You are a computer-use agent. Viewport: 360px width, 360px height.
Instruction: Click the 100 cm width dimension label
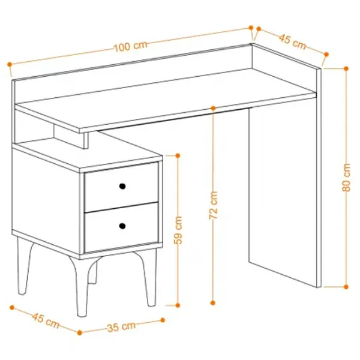click(130, 46)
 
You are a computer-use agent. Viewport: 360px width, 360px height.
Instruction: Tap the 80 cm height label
click(346, 178)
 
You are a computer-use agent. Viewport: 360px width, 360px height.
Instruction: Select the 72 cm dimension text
click(213, 205)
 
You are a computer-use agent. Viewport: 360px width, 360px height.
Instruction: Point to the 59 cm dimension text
click(178, 230)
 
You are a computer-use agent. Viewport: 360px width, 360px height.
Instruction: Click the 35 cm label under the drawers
click(121, 327)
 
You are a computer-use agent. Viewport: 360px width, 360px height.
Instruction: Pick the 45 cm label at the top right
click(292, 41)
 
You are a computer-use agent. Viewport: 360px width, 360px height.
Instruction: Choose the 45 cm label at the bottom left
click(46, 320)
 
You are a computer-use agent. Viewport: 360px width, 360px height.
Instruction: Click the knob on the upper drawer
click(122, 186)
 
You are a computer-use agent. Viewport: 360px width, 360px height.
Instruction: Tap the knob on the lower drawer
click(122, 226)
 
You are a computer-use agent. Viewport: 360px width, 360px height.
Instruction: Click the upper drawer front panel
click(121, 187)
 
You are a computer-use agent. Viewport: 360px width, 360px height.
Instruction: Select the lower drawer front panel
click(121, 227)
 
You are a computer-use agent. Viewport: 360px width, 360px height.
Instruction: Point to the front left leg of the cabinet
click(82, 287)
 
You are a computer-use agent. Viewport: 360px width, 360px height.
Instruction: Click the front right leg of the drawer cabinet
click(148, 278)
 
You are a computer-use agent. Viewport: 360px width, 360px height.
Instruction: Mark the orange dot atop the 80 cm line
click(346, 68)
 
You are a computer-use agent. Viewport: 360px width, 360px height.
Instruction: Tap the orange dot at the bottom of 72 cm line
click(213, 303)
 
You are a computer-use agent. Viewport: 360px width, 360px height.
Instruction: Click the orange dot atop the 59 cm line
click(178, 155)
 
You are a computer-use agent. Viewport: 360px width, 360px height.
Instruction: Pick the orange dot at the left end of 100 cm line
click(10, 64)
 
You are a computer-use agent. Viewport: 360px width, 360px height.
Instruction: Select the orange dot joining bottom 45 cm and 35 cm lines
click(80, 332)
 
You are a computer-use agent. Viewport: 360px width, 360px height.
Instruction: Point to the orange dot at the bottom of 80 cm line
click(346, 287)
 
